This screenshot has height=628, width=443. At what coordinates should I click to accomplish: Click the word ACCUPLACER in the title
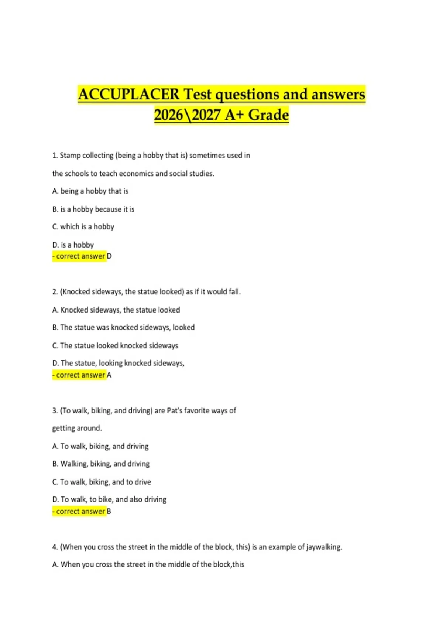128,95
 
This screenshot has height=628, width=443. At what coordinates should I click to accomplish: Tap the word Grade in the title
268,115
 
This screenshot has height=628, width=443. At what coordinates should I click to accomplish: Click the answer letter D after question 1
109,256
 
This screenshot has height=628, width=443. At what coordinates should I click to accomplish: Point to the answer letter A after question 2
109,375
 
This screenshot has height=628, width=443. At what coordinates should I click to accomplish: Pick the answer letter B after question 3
109,511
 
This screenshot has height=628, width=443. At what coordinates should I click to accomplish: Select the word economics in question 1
136,173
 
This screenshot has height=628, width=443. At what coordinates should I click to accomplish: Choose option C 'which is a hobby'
83,227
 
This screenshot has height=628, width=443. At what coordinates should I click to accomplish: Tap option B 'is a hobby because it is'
93,209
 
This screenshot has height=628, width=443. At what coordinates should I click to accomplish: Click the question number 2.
55,292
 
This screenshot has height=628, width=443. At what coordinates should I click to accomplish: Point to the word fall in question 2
234,292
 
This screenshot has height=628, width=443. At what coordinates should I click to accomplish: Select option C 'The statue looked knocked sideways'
115,345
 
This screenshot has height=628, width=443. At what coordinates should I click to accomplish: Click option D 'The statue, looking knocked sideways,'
118,363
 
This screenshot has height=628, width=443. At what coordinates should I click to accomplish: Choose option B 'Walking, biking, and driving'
101,464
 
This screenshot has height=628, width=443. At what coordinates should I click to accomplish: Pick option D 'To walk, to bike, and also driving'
109,499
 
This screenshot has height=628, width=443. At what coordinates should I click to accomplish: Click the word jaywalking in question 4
323,547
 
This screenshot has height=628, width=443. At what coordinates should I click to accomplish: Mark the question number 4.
55,547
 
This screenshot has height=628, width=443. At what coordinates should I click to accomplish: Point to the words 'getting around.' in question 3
77,428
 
